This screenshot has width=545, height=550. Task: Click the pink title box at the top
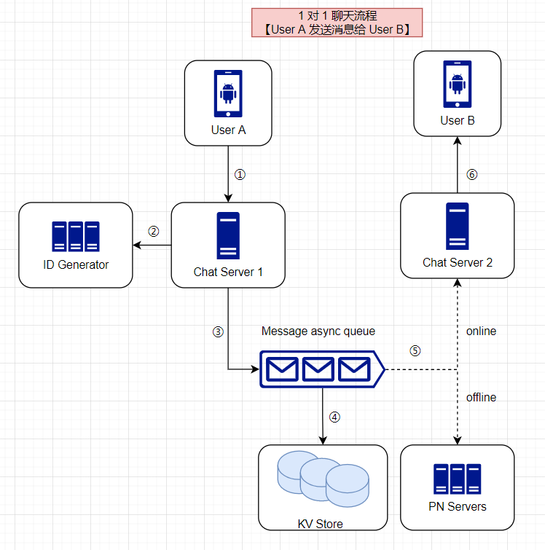tap(337, 23)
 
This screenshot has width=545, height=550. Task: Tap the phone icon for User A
tap(228, 94)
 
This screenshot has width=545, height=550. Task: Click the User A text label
tap(228, 130)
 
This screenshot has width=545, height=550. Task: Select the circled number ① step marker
tap(240, 175)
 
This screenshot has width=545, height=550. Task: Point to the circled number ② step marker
tap(154, 232)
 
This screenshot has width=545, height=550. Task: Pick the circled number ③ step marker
tap(218, 331)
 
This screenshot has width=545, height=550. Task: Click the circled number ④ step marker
tap(334, 417)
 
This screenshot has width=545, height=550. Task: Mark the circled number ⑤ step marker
tap(415, 350)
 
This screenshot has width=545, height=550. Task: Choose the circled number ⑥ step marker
tap(471, 175)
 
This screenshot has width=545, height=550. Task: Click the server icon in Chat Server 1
tap(228, 236)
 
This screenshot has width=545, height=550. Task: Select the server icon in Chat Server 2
tap(457, 227)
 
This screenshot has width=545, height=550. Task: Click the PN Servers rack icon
tap(457, 479)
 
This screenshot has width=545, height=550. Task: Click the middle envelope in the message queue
tap(318, 370)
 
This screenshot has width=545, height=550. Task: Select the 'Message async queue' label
tap(318, 331)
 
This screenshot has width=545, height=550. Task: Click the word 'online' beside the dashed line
tap(481, 331)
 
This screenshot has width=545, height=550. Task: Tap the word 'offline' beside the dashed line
tap(481, 397)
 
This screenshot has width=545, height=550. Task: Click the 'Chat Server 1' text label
tap(228, 272)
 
